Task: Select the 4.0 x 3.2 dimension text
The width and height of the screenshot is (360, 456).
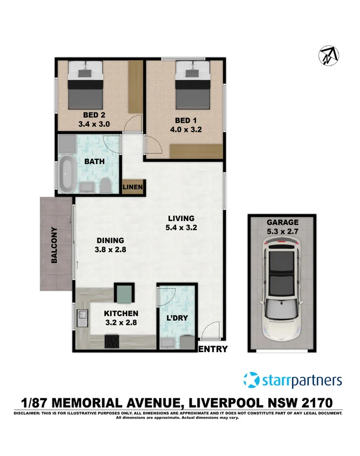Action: click(x=186, y=130)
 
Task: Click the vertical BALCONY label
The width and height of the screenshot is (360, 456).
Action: click(x=53, y=245)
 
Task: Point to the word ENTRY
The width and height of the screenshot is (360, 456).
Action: click(x=213, y=349)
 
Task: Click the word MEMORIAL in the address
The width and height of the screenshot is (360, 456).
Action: click(x=88, y=403)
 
